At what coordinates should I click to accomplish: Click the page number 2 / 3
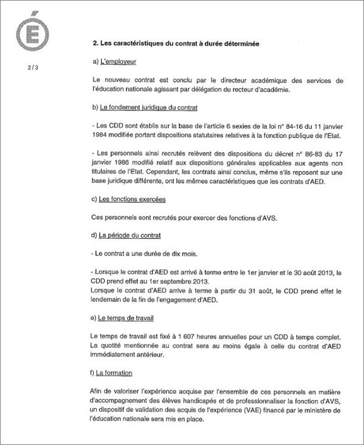click(x=31, y=67)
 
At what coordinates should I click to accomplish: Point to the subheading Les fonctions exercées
click(x=129, y=200)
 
